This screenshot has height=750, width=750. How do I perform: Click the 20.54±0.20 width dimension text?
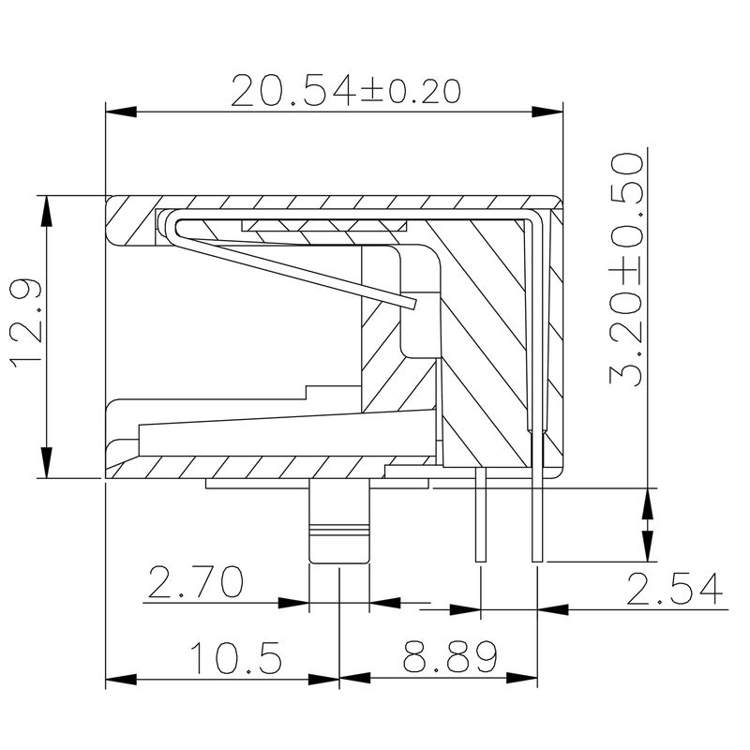[x=346, y=91]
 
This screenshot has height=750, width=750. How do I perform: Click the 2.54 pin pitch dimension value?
[x=675, y=590]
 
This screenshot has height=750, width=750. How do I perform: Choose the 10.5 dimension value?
[x=237, y=659]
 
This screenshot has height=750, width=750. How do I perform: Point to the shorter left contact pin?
[x=480, y=520]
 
